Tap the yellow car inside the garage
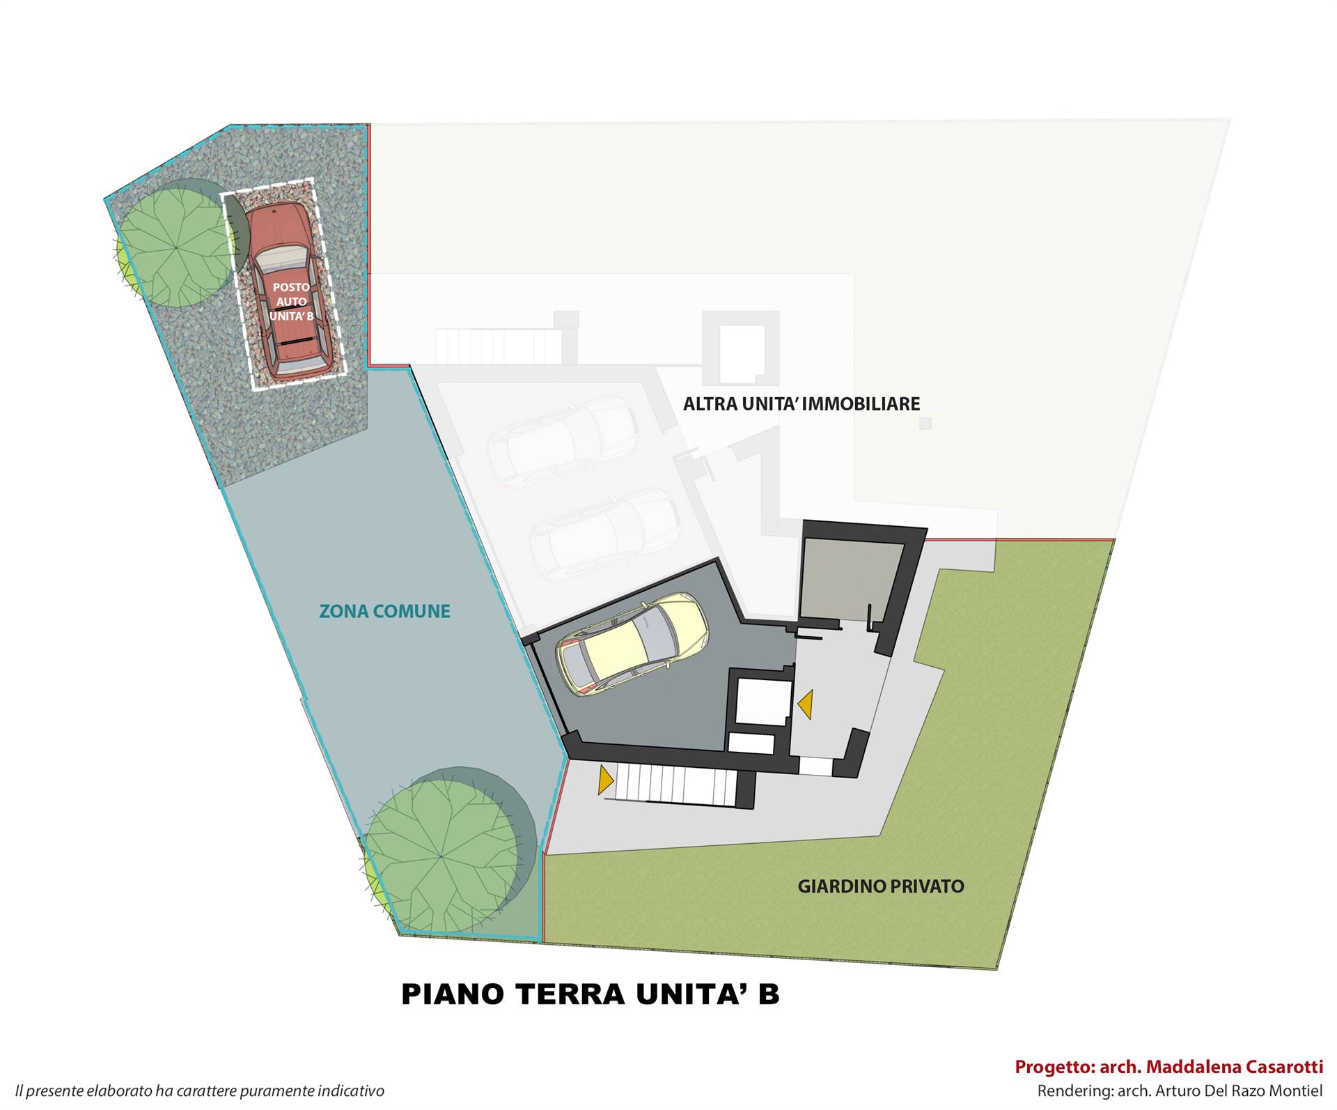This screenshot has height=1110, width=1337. [x=632, y=644]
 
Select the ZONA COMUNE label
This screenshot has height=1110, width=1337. [x=384, y=611]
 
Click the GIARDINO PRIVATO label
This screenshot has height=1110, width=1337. [x=881, y=886]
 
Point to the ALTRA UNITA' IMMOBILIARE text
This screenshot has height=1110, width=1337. [x=802, y=404]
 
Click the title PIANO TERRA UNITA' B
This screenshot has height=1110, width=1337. [x=591, y=994]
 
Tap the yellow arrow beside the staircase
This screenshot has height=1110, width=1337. [x=605, y=780]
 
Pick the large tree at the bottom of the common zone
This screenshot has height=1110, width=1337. [x=446, y=851]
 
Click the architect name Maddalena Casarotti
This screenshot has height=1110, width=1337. [x=1235, y=1067]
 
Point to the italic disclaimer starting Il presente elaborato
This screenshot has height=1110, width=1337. [x=200, y=1090]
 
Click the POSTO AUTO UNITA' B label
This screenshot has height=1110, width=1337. [x=291, y=302]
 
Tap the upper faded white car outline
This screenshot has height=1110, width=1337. [x=563, y=440]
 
